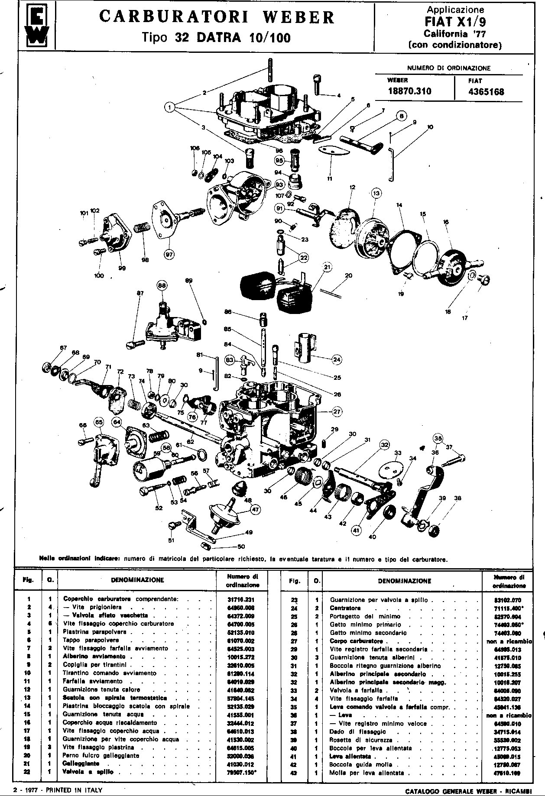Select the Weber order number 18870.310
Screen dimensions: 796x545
click(409, 91)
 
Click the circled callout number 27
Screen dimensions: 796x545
click(337, 412)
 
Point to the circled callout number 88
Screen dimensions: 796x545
click(162, 286)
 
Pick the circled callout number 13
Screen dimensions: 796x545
click(376, 193)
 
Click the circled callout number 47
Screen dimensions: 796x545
click(255, 509)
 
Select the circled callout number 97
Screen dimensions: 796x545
click(169, 255)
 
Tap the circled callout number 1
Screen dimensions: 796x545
click(170, 107)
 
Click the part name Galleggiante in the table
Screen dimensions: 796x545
click(81, 764)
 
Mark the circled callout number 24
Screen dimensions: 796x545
click(337, 359)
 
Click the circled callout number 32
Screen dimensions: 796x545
click(384, 444)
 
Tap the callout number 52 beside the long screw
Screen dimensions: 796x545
click(159, 508)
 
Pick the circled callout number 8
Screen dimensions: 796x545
click(401, 116)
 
